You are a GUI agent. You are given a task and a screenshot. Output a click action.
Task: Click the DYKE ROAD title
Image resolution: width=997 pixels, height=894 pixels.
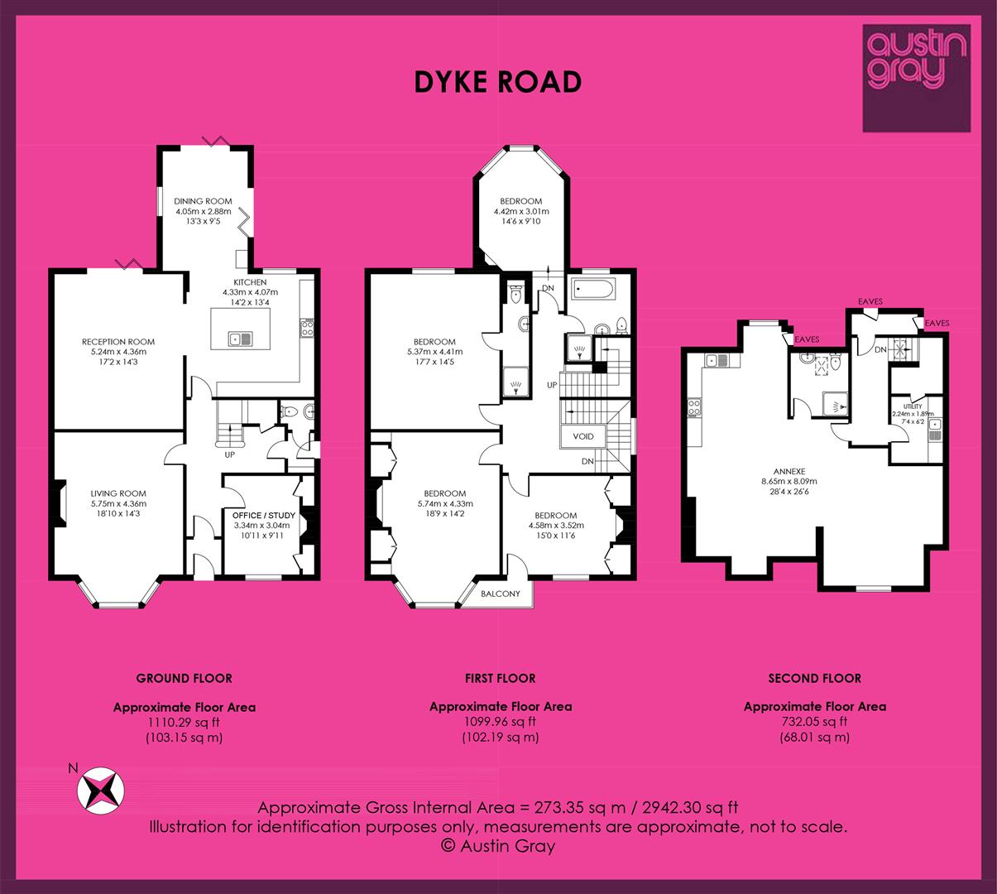point(498,82)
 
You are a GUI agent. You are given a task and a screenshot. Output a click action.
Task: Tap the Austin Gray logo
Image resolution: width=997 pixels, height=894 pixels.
point(916,79)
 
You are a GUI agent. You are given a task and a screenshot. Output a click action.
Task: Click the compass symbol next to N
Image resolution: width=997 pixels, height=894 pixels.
point(101,791)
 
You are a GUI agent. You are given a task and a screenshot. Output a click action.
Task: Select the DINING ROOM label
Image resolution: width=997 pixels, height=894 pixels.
point(203,201)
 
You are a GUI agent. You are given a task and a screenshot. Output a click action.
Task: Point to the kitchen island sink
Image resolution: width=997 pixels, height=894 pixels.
point(241,339)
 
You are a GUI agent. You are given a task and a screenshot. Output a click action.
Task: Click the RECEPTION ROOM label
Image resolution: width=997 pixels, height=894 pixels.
point(118,342)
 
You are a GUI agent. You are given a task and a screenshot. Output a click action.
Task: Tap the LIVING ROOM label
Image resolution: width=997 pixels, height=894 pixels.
point(118,493)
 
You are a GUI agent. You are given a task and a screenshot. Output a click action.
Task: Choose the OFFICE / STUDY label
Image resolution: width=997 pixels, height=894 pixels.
point(264,516)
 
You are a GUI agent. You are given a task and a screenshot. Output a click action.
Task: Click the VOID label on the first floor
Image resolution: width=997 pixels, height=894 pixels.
point(583,436)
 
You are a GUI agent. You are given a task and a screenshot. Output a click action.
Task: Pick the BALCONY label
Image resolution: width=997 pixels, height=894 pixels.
point(501,594)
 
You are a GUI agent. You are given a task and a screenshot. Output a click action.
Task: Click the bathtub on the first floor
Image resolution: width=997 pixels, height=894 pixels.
point(592,289)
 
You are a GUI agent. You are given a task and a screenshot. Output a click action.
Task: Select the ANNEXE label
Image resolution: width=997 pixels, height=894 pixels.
point(788,471)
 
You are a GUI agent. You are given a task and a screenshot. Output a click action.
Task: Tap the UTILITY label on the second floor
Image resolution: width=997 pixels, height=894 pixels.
point(913,406)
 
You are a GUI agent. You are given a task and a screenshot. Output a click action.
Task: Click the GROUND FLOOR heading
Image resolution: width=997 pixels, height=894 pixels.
point(184,679)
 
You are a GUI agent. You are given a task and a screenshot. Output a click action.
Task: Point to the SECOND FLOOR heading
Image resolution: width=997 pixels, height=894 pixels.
point(814,679)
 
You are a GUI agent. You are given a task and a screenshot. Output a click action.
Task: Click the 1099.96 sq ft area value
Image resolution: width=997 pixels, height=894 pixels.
point(500,722)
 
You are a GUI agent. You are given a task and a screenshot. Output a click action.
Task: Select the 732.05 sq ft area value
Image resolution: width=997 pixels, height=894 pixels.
point(814,722)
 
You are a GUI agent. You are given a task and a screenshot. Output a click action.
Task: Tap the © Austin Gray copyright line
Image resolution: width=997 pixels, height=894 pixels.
point(498,846)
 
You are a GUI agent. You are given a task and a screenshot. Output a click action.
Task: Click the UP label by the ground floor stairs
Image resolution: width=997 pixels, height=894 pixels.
point(229,455)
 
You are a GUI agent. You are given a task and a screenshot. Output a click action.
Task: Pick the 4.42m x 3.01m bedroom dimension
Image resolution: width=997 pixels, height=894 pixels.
point(521,211)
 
